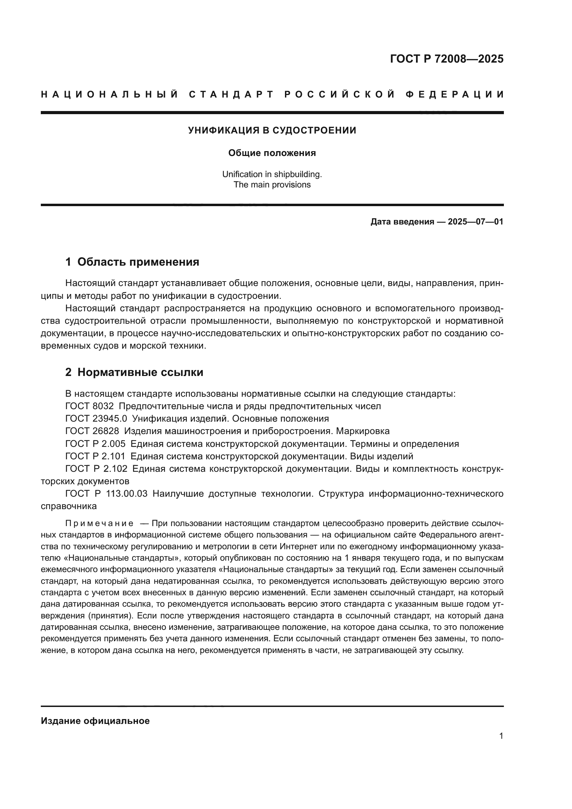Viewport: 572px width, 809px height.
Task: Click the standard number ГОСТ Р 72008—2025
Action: [446, 59]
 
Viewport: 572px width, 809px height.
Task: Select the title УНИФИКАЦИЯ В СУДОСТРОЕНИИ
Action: [272, 130]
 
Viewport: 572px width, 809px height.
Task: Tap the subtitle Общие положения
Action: [272, 153]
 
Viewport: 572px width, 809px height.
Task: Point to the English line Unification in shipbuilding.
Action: [272, 174]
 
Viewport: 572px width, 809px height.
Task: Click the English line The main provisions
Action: [272, 185]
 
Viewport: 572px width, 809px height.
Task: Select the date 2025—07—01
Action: [476, 222]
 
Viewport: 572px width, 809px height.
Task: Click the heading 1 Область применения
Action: [132, 262]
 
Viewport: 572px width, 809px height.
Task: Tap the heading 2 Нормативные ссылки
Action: [134, 372]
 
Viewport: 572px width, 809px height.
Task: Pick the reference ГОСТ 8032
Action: [90, 406]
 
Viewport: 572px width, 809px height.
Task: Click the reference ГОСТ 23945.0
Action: [96, 419]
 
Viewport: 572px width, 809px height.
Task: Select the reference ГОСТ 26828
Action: [92, 431]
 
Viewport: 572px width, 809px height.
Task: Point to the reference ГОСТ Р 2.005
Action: [95, 444]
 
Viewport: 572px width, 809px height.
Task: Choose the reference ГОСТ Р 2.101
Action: [95, 456]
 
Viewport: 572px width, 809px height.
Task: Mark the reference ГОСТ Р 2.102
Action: [96, 469]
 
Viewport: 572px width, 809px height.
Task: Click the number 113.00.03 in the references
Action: [127, 494]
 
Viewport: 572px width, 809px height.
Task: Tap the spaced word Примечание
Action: [99, 523]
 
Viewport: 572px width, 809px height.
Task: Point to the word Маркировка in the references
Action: [363, 431]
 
